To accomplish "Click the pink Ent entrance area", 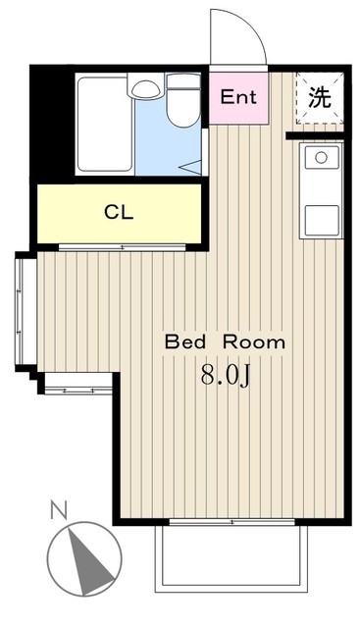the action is (x=238, y=98).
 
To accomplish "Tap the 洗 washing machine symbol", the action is (x=320, y=98).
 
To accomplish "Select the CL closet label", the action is (x=119, y=213).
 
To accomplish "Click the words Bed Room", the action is (x=225, y=342).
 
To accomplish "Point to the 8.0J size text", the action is (x=226, y=375).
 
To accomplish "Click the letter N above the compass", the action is (x=59, y=510).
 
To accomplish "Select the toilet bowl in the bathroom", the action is (x=183, y=107).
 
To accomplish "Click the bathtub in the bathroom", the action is (x=105, y=125).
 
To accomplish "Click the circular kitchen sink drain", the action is (x=321, y=158).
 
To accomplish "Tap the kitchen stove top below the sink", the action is (x=322, y=220).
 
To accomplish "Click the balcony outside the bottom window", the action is (x=231, y=558).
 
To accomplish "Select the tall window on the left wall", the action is (x=26, y=312).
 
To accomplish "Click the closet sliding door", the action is (x=123, y=247).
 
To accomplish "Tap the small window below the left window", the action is (x=78, y=390).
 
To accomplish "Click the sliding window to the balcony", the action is (x=231, y=522).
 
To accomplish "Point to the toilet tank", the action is (x=183, y=81).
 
